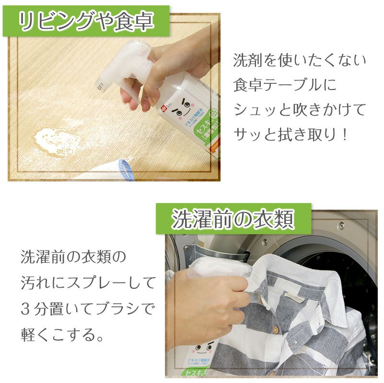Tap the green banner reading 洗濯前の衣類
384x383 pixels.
tap(233, 219)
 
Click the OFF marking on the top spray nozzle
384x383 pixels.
tap(100, 86)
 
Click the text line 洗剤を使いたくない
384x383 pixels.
tap(300, 60)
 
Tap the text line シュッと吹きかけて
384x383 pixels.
tap(300, 110)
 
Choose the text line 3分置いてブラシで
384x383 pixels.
tap(88, 308)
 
